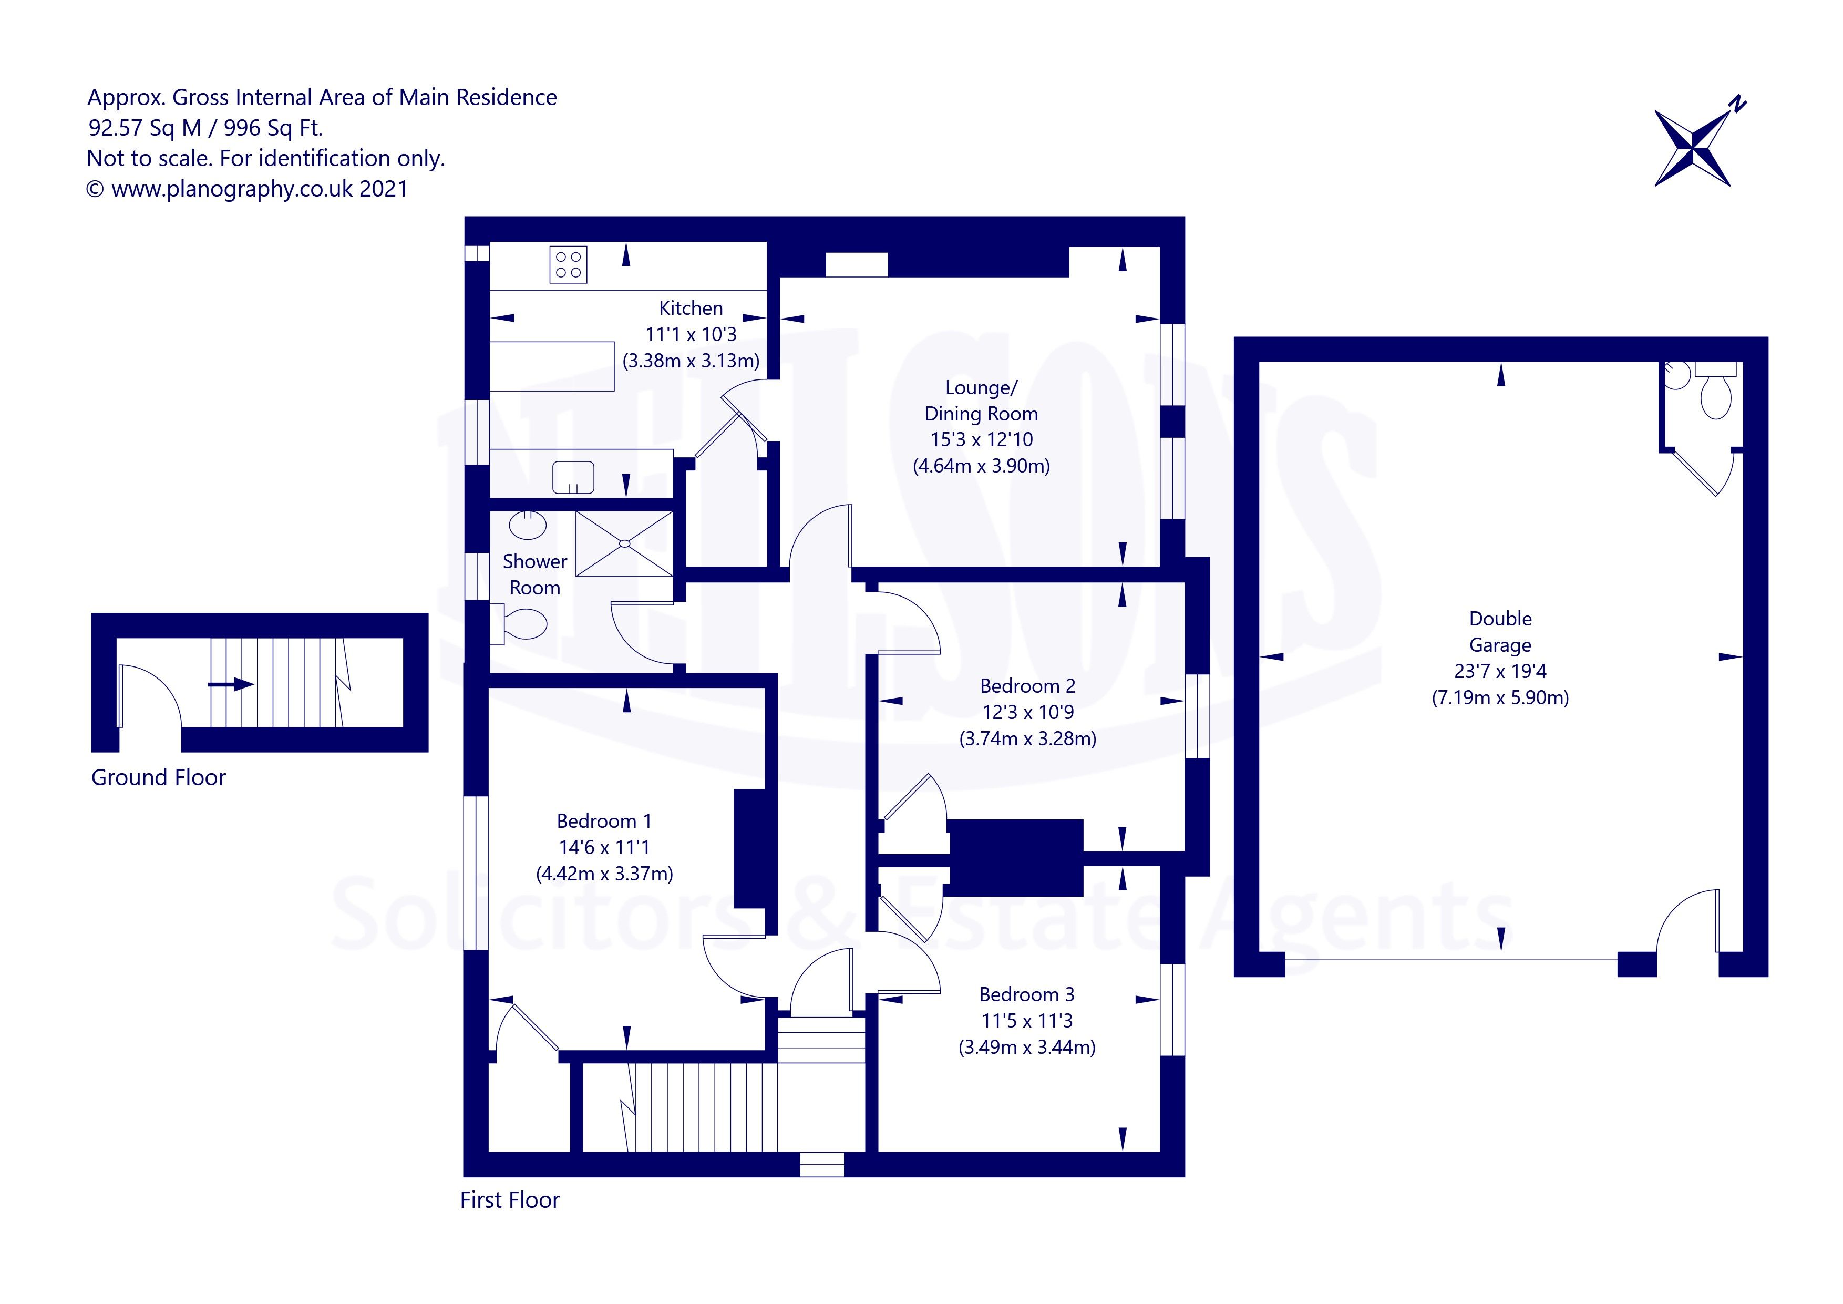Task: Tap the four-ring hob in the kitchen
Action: click(568, 265)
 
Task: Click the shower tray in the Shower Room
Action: click(624, 543)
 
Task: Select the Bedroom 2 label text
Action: click(1027, 686)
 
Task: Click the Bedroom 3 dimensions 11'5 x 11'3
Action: click(1027, 1021)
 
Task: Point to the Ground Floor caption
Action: click(158, 777)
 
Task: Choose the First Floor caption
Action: click(510, 1199)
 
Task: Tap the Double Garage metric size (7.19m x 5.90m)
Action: click(1500, 698)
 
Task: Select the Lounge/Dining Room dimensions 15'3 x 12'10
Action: click(982, 439)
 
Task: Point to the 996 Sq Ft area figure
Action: click(273, 128)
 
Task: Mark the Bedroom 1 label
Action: click(604, 820)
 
